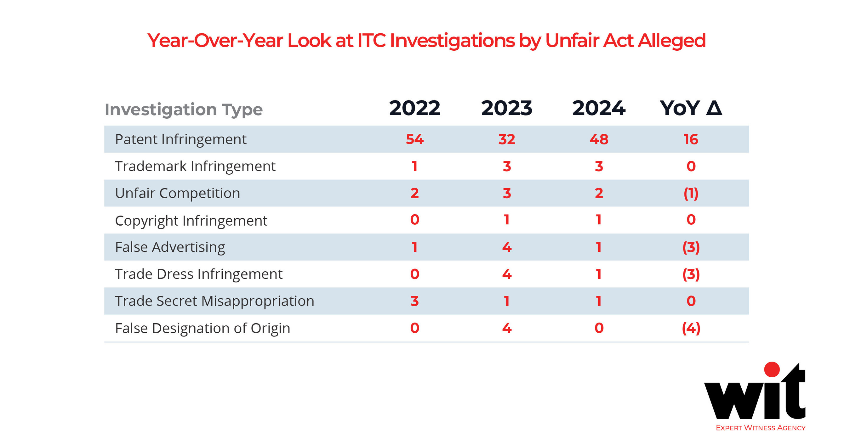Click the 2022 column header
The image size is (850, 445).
[414, 108]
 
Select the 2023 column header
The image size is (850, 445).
[506, 108]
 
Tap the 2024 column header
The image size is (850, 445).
[599, 108]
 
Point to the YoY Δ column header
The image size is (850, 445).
[691, 108]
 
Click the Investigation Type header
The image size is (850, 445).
[184, 110]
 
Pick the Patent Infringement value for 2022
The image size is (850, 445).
[414, 139]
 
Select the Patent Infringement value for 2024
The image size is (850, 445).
[599, 139]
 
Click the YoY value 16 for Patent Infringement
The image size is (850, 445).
[691, 139]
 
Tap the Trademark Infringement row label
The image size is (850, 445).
[195, 166]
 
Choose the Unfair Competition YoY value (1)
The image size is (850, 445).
[691, 193]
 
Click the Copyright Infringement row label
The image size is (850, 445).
[191, 221]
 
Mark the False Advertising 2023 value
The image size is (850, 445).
[506, 247]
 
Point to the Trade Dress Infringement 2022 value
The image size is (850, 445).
[414, 274]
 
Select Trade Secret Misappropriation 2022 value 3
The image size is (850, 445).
[414, 301]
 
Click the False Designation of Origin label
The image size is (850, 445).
[202, 328]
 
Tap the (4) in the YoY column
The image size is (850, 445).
[691, 328]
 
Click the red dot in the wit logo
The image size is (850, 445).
[772, 369]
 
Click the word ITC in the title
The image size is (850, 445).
[372, 41]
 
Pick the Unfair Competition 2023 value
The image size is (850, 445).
[506, 193]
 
